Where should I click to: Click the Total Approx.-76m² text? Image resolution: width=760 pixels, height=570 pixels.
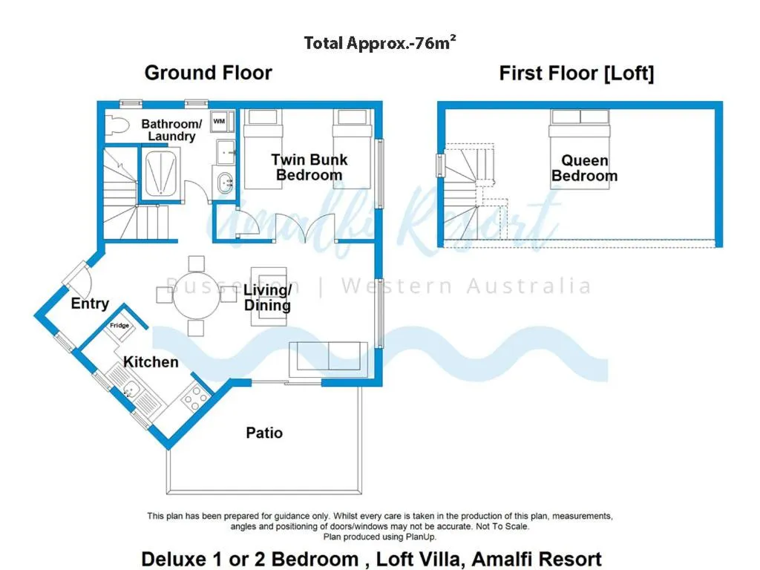pos(379,42)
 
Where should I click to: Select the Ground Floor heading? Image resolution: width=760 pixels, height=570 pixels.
pos(208,73)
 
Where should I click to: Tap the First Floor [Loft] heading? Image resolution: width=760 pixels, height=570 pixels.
pos(576,73)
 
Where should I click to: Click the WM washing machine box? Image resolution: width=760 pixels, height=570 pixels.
pos(220,120)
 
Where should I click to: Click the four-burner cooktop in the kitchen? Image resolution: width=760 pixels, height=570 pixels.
pos(195,400)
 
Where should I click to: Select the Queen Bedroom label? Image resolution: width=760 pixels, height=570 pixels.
pos(584,168)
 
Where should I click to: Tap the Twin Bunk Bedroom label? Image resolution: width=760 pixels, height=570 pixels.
pos(309,167)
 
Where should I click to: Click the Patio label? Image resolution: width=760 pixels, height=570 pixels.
pos(264,433)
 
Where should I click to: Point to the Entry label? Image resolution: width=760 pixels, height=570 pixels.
pos(90,304)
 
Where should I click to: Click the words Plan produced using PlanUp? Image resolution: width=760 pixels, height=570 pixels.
pos(379,536)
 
